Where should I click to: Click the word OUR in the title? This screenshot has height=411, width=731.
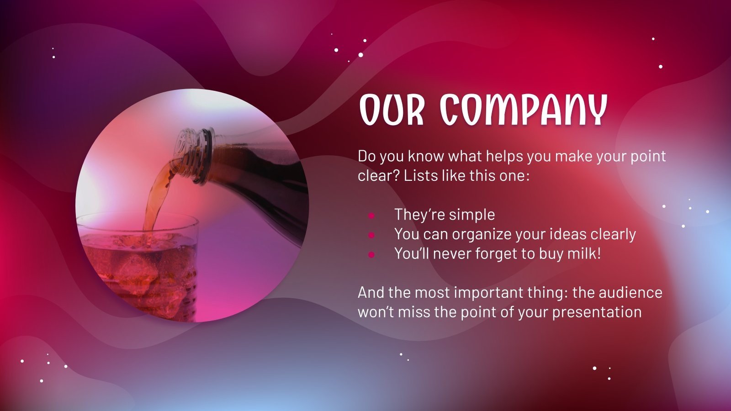392,110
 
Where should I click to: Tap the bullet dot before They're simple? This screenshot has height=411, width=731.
371,215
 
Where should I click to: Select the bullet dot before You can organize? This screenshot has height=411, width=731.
371,235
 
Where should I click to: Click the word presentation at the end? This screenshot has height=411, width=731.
597,312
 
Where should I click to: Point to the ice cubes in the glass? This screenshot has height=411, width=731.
137,271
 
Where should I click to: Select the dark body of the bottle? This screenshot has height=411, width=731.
261,179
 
